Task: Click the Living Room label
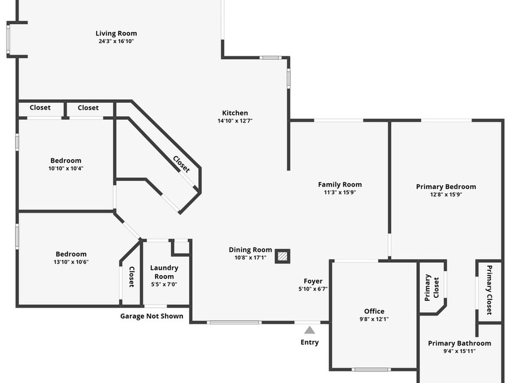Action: click(116, 33)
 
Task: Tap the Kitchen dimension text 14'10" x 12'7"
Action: click(235, 121)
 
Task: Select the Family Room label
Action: click(340, 185)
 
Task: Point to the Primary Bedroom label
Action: click(446, 187)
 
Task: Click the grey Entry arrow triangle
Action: click(310, 330)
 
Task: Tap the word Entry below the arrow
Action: click(309, 342)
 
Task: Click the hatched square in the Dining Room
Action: click(282, 256)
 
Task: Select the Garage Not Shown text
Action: click(152, 316)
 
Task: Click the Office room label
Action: click(374, 311)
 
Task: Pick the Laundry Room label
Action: click(164, 272)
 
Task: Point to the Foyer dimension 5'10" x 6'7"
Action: click(313, 289)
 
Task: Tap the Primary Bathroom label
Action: click(460, 343)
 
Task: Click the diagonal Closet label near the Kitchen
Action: click(181, 164)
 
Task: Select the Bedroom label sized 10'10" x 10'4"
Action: click(66, 161)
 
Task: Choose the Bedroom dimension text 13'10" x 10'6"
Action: click(72, 262)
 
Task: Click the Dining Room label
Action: click(251, 250)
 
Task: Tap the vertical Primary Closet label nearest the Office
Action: click(432, 287)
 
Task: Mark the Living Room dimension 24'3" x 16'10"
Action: click(116, 41)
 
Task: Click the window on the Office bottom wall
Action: click(371, 370)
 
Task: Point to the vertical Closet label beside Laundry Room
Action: click(132, 277)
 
